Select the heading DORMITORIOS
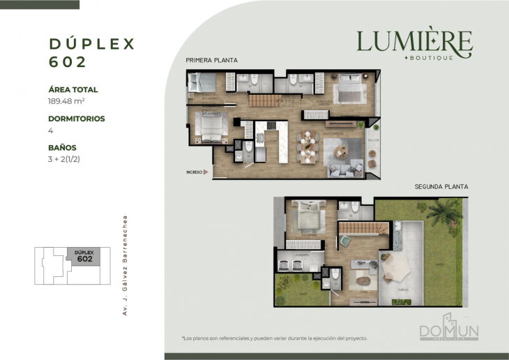tap(77, 119)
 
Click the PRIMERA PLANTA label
tap(211, 61)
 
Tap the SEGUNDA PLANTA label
tap(441, 187)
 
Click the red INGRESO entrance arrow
tap(205, 172)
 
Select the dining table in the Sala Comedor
tap(307, 145)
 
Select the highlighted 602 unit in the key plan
tap(84, 255)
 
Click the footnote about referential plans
tap(274, 338)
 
